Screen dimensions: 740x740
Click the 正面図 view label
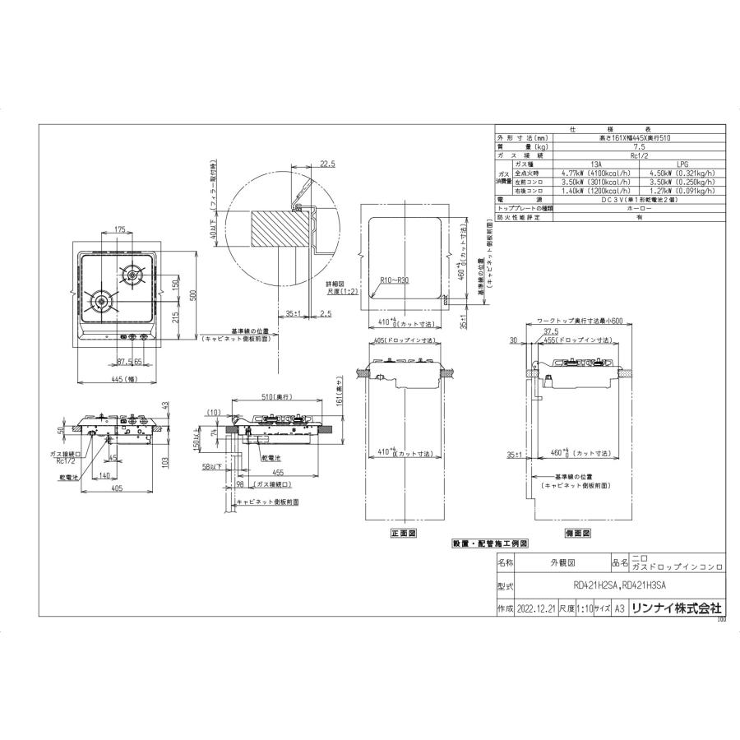[x=404, y=534]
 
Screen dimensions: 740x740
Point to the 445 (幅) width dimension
[x=122, y=379]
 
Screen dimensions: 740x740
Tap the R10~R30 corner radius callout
[x=395, y=280]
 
